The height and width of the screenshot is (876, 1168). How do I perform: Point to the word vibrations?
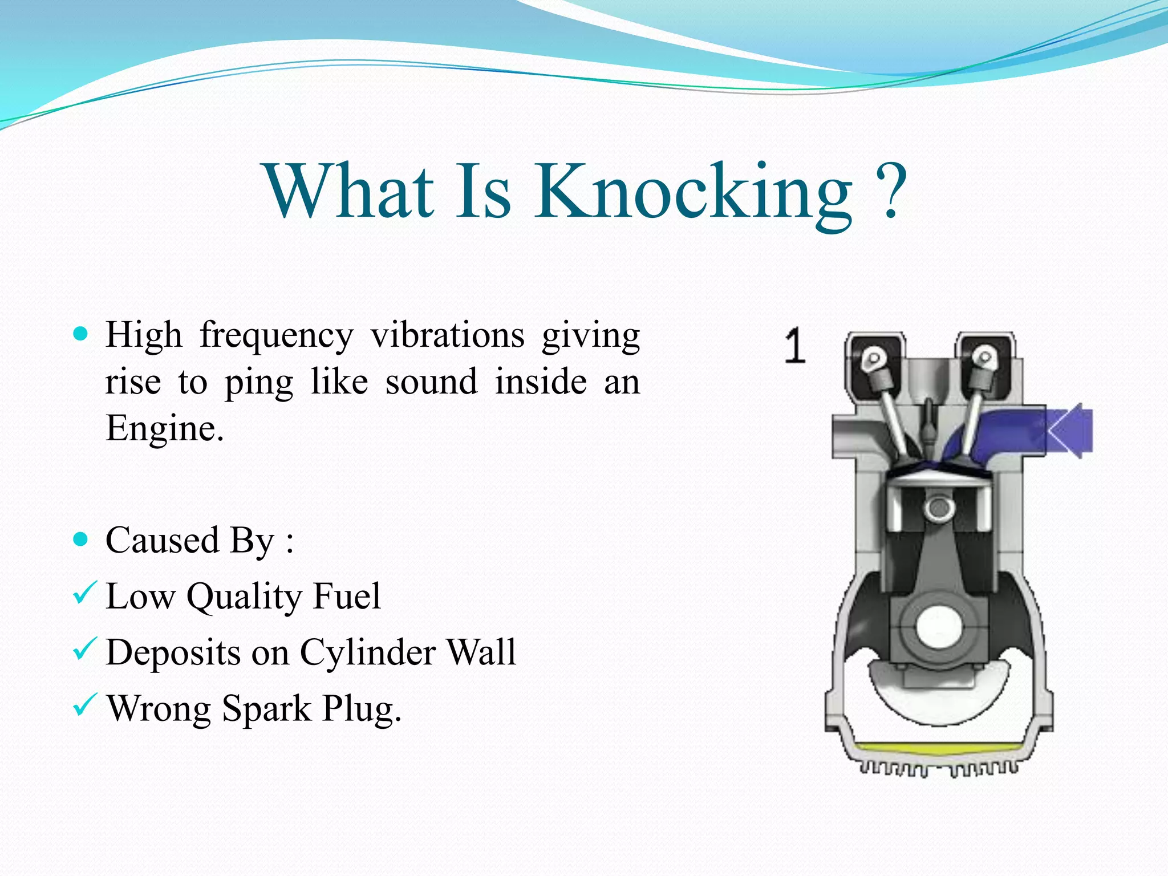[x=448, y=335]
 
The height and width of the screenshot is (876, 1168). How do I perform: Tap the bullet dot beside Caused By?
[x=81, y=539]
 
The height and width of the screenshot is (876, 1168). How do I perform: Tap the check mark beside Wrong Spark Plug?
[x=85, y=705]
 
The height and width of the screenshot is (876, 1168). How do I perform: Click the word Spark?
[x=266, y=709]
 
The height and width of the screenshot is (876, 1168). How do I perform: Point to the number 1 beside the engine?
[x=794, y=346]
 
